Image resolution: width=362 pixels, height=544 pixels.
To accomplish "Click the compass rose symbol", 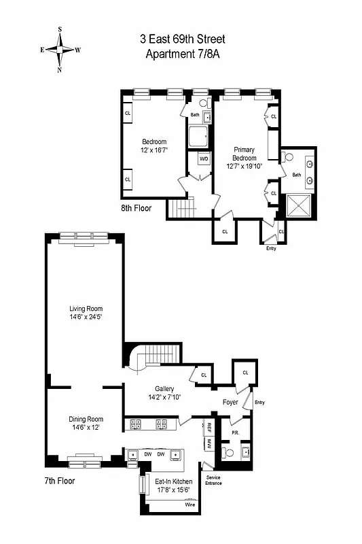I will click(60, 50).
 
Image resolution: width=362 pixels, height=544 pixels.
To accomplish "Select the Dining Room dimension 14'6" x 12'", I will click(85, 428).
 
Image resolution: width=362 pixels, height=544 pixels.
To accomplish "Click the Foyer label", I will click(231, 402).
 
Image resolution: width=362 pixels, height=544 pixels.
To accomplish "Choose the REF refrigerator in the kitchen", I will click(209, 428).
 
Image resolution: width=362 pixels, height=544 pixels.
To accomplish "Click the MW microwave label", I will click(209, 443).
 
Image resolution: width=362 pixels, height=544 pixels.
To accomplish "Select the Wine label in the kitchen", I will click(190, 505).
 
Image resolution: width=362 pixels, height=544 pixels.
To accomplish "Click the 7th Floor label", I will click(59, 481).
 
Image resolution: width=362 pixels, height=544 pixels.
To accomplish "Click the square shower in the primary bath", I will click(297, 205).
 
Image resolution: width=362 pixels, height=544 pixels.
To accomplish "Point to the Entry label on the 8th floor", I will click(271, 248).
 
